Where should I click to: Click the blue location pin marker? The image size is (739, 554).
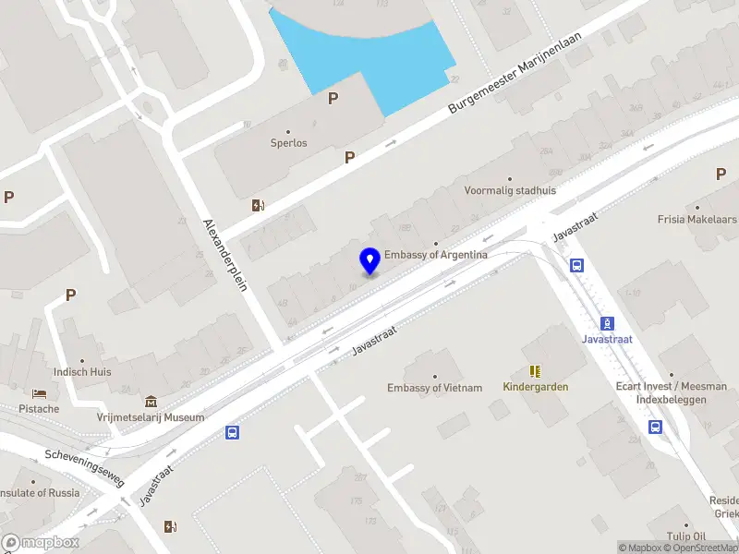370,261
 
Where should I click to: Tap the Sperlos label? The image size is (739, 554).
288,143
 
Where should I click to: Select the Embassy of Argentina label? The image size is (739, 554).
436,254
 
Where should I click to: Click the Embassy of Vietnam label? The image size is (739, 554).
434,388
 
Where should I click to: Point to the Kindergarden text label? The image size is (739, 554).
536,386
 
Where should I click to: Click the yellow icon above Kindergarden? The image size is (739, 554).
535,370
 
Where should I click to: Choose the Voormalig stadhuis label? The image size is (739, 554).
510,191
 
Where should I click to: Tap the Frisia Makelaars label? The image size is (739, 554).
697,220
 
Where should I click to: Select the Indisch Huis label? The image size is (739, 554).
82,373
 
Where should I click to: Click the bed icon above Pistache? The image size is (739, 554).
39,394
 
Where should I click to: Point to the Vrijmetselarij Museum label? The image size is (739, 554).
151,417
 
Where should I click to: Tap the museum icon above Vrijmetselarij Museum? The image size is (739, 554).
151,402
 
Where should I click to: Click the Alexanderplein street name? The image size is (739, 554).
226,255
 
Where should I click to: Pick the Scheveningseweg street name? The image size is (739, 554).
84,464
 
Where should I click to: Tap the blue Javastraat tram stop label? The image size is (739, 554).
607,338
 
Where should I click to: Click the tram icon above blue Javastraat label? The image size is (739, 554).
607,323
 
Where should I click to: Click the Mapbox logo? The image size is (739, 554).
41,543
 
